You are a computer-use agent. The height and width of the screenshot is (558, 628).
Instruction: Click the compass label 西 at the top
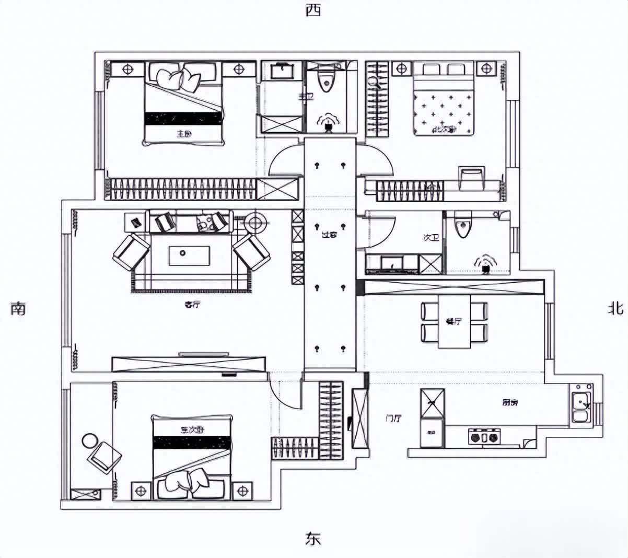coord(313,10)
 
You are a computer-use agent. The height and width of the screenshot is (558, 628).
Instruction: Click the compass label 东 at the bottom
coord(313,539)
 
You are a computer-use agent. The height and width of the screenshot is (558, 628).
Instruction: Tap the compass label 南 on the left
coord(18,309)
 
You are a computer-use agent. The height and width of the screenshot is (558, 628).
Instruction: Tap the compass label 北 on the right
coord(615,309)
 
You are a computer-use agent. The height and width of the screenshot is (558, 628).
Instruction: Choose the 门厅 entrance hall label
coord(393,418)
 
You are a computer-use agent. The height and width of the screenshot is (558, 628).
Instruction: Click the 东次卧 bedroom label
coord(192,430)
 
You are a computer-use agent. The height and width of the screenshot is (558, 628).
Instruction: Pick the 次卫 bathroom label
coord(431,238)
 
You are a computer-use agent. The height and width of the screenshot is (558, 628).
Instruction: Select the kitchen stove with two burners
coord(484,436)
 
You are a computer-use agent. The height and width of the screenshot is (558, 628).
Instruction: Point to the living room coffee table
coord(189,255)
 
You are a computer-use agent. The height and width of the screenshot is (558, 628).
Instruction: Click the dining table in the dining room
coord(454,321)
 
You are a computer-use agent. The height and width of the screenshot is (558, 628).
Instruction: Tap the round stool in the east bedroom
coord(90,440)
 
